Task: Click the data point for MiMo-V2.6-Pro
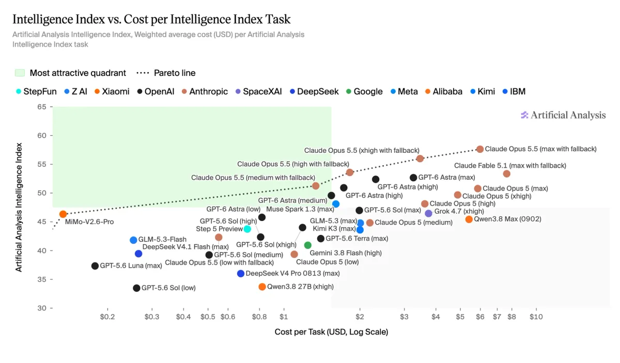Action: point(63,214)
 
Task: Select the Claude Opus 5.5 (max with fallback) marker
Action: point(480,149)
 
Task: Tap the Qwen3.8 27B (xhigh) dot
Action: point(262,287)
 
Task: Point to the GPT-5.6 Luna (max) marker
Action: point(95,266)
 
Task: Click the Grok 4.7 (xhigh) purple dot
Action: point(428,213)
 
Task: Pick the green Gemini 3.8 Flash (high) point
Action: point(308,245)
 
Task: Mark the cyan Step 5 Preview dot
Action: point(247,229)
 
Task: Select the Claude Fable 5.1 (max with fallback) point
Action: point(506,173)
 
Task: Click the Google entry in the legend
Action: point(365,91)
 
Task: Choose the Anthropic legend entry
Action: point(205,91)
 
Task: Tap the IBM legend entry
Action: point(514,91)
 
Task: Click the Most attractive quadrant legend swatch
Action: point(20,73)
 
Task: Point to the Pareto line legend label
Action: point(175,73)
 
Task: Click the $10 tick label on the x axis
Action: point(536,317)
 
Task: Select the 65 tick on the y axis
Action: point(42,107)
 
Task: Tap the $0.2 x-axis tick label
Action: point(107,317)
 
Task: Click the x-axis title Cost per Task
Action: point(331,332)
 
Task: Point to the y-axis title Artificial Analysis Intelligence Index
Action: point(18,207)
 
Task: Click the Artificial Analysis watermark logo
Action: point(563,115)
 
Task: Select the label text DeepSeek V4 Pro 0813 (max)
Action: point(292,273)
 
